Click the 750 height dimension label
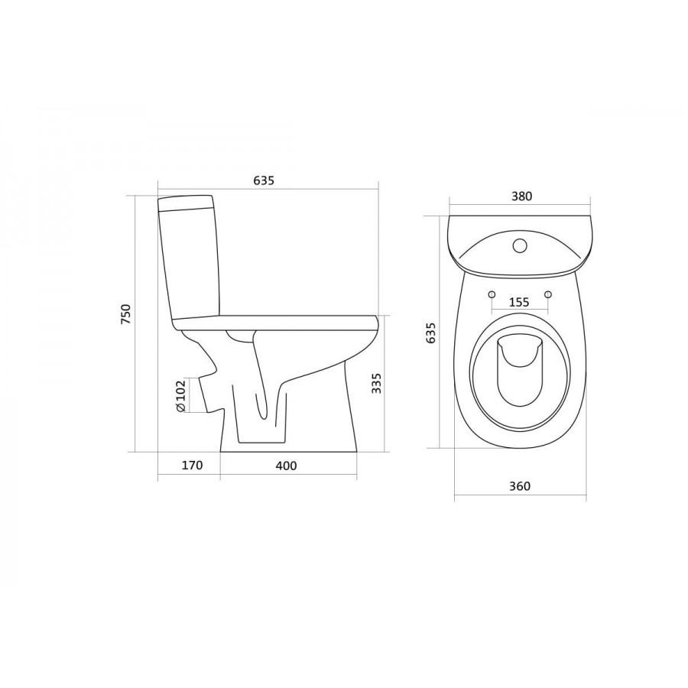tap(126, 313)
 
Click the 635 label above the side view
tap(264, 180)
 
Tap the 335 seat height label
tap(376, 383)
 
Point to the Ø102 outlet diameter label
tap(180, 396)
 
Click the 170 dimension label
tap(192, 465)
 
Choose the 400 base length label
tap(286, 466)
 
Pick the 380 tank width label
tap(521, 196)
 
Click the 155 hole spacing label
tap(520, 302)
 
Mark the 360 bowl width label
tap(520, 486)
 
